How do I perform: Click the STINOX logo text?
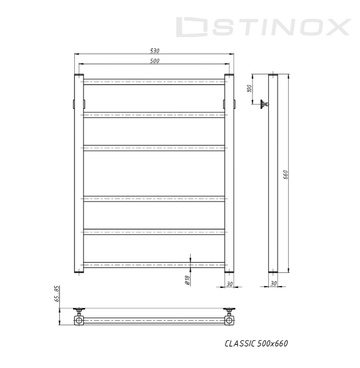(262, 27)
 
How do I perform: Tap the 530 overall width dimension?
(155, 50)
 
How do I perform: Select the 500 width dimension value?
(155, 60)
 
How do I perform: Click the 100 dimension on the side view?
(249, 88)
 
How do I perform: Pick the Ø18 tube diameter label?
(187, 280)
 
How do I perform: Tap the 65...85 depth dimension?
(57, 294)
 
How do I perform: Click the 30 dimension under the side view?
(273, 284)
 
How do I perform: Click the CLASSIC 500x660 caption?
(256, 343)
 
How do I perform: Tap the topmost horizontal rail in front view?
(154, 81)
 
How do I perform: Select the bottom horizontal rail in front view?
(154, 264)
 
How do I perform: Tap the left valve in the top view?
(79, 311)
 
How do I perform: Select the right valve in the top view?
(230, 311)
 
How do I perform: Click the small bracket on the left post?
(74, 103)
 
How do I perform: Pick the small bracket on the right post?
(234, 103)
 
